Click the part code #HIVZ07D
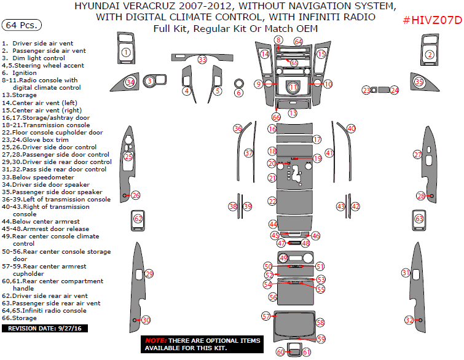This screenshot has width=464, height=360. [x=431, y=21]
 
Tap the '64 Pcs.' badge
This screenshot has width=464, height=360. [x=22, y=25]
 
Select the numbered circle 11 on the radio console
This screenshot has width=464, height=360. [x=293, y=88]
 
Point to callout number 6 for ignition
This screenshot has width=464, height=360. [x=239, y=93]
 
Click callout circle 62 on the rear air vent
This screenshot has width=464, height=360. [x=138, y=219]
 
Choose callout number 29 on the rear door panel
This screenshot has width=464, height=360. [x=149, y=273]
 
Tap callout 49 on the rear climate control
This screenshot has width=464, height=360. [x=283, y=258]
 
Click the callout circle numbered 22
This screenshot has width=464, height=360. [x=272, y=201]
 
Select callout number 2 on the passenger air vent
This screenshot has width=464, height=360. [x=430, y=55]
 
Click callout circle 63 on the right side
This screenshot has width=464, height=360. [x=419, y=219]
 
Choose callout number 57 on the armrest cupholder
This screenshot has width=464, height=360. [x=266, y=316]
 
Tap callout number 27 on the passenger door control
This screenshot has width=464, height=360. [x=417, y=154]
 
